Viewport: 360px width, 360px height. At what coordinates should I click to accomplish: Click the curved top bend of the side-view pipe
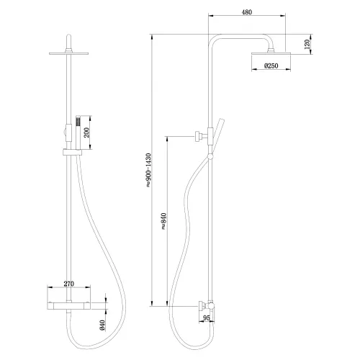coord(217,39)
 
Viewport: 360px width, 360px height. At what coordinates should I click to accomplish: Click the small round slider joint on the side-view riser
coord(210,155)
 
